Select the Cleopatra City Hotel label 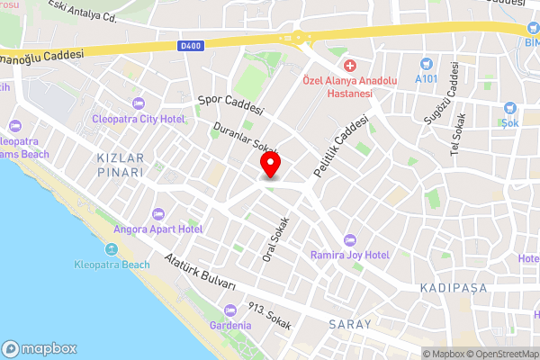(x=139, y=119)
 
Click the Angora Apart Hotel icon (x=159, y=213)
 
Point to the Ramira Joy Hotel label (x=351, y=255)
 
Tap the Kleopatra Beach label (x=111, y=265)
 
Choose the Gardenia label (x=229, y=324)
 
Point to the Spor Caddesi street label (x=230, y=104)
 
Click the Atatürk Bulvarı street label (x=201, y=273)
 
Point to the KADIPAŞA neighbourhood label (x=453, y=287)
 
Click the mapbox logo (x=40, y=348)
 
